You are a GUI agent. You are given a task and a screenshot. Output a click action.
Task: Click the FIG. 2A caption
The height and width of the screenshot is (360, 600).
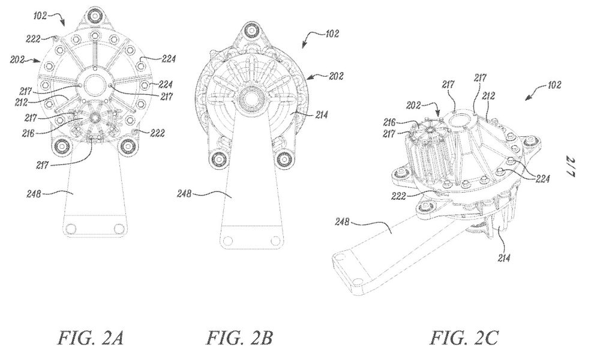coord(91,338)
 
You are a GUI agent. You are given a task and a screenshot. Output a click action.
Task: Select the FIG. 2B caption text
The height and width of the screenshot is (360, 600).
coord(240,338)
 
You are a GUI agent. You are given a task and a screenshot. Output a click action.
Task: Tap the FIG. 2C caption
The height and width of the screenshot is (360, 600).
coord(465,338)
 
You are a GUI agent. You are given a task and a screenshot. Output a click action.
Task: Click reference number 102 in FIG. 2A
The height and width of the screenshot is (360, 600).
coord(40,16)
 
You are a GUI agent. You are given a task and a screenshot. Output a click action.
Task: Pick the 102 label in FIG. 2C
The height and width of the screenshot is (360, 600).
coord(554,84)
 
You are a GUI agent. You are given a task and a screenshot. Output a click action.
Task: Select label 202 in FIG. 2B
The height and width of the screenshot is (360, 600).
coord(336,76)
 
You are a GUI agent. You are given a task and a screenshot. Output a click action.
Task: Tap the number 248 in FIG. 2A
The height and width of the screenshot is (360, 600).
coord(34,194)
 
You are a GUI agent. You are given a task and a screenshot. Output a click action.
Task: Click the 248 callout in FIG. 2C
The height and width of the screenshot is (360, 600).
coord(342,221)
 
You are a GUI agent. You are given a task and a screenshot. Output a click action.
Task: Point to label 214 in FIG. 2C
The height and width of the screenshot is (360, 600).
coord(504,258)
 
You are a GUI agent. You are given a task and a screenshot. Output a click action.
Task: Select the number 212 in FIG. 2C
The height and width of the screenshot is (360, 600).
coord(488,95)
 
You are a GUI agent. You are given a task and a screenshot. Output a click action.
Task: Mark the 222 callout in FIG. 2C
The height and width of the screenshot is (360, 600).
coord(398,196)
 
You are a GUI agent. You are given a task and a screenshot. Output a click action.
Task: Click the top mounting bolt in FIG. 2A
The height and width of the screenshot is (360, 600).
coord(93,16)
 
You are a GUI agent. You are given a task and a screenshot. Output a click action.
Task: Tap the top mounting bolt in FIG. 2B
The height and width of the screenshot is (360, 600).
coord(251,29)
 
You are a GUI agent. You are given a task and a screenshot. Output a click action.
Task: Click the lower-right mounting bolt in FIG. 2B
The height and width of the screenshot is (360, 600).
coord(284,158)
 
